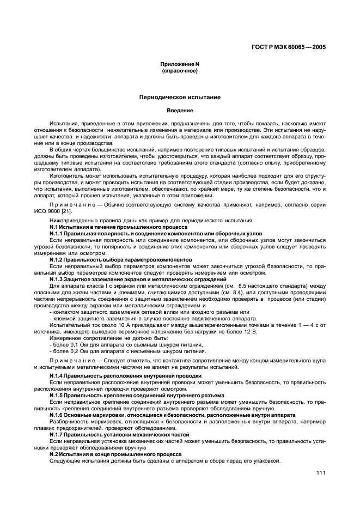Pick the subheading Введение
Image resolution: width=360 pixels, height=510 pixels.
(x=180, y=111)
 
